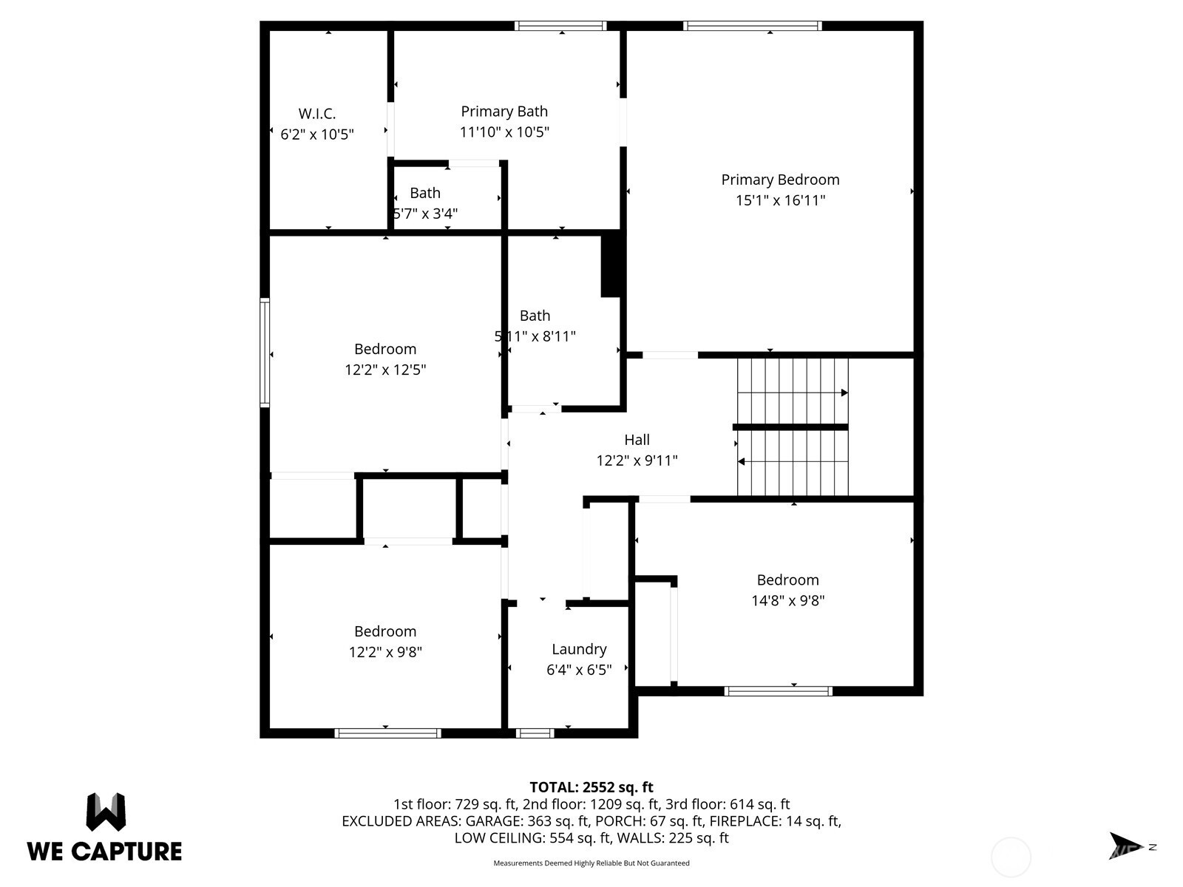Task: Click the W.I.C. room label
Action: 317,114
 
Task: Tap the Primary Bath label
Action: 504,112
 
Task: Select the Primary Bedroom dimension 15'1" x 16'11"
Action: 780,200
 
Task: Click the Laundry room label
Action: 579,650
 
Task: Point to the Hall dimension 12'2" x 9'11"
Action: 637,461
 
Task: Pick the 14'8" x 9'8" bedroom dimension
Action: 788,600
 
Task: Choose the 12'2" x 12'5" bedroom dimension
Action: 385,370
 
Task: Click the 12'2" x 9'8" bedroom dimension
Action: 385,652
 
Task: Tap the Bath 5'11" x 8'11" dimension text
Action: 535,336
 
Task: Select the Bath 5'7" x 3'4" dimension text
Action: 425,214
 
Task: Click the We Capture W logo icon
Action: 106,812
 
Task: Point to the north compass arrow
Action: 1126,846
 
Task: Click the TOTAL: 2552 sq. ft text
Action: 591,787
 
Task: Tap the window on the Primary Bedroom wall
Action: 753,26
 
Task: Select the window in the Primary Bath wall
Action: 560,26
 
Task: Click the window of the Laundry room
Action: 535,733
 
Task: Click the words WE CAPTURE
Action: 104,852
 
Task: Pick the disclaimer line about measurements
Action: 591,863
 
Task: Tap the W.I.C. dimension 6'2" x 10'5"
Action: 317,134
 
